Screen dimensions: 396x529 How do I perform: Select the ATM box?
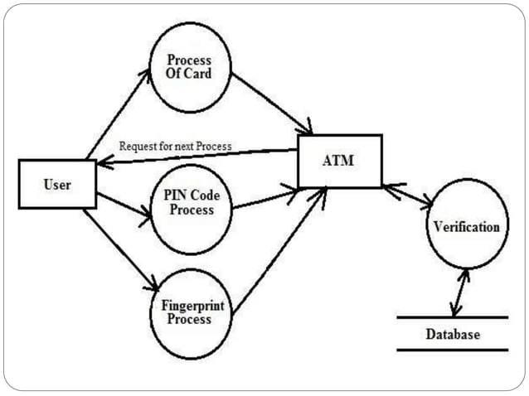point(339,161)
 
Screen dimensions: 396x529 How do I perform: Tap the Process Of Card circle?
point(189,66)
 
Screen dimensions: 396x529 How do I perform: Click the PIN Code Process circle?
point(189,204)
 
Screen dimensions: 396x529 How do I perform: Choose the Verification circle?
point(466,226)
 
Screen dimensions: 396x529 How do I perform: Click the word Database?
point(452,335)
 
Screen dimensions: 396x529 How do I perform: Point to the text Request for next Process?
point(175,146)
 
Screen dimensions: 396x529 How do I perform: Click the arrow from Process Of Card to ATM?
point(271,103)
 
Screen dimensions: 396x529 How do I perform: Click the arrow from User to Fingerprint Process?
point(120,249)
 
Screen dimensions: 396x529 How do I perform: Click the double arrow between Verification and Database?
point(457,292)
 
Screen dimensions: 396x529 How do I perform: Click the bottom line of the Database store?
point(452,350)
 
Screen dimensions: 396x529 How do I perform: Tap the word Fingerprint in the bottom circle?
point(189,306)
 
